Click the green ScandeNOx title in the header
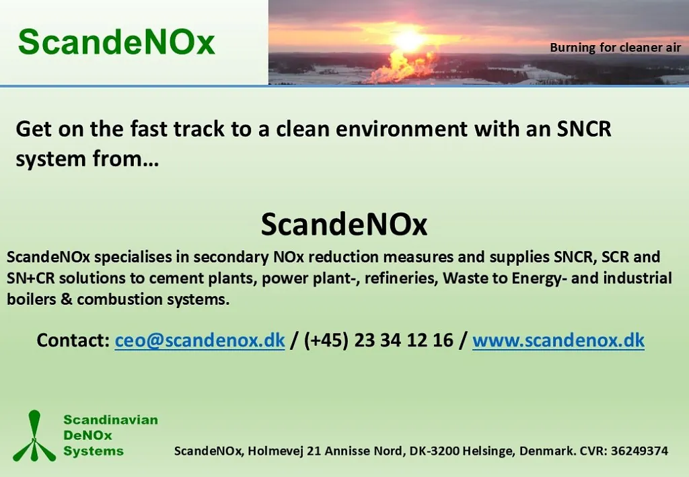[116, 42]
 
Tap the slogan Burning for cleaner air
[615, 48]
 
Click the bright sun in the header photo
[408, 40]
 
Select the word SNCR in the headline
[584, 129]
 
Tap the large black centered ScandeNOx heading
[344, 224]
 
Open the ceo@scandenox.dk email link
[200, 340]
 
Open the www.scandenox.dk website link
[558, 340]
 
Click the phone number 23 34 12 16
[404, 340]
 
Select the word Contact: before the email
[73, 340]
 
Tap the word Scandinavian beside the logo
[111, 420]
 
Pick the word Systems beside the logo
[94, 451]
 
